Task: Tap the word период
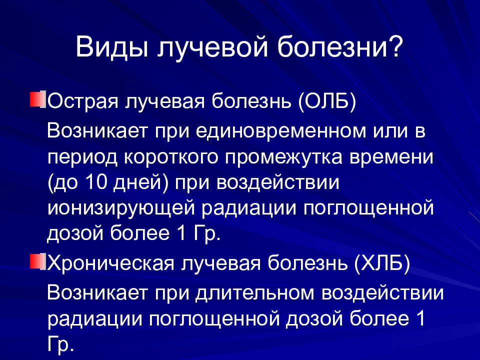click(82, 157)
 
